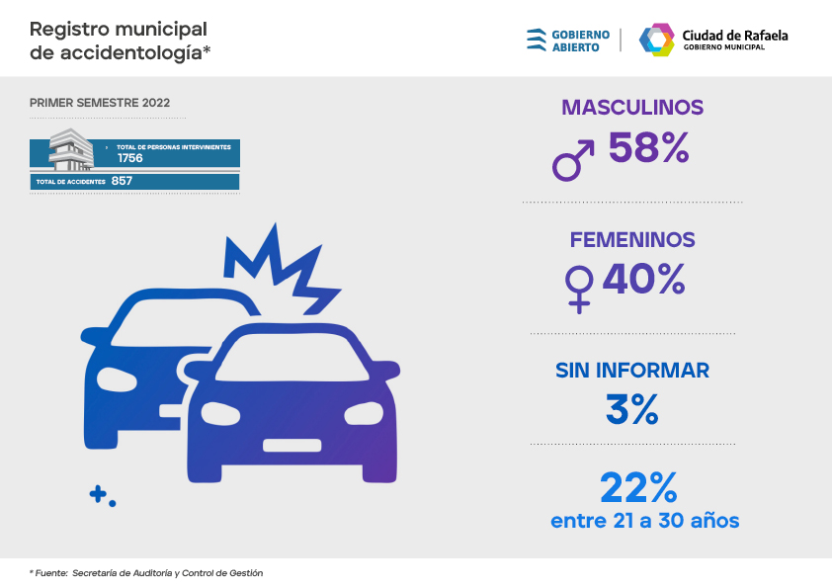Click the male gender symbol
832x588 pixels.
tap(573, 160)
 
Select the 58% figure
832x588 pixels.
tap(648, 148)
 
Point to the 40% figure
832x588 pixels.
tap(643, 279)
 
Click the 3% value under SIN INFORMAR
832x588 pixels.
tap(631, 409)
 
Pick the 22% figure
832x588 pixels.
tap(638, 486)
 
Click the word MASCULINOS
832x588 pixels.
tap(632, 107)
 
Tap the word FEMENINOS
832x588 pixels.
tap(632, 239)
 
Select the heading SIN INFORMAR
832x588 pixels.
tap(632, 371)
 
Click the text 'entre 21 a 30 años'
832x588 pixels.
tap(645, 520)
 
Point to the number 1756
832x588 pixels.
tap(130, 158)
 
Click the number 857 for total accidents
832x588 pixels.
tap(123, 182)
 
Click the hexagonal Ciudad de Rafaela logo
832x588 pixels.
tap(656, 40)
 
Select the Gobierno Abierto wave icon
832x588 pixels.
tap(537, 40)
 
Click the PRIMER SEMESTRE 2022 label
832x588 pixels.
tap(100, 103)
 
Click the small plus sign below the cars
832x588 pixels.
tap(98, 494)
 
